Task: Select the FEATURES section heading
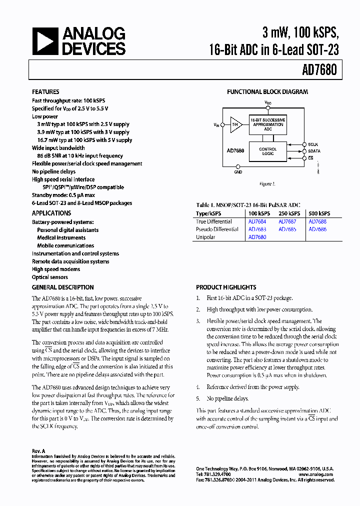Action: [45, 92]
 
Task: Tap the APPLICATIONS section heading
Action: [51, 213]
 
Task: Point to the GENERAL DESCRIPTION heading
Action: [63, 287]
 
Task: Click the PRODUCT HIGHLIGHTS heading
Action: [226, 287]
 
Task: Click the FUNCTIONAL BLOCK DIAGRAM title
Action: [267, 92]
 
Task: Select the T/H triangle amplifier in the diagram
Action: [235, 124]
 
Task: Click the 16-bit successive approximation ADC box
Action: [268, 124]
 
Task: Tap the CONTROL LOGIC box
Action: [268, 151]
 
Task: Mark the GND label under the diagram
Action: [238, 172]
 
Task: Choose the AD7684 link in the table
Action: [257, 221]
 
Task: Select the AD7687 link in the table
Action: [287, 221]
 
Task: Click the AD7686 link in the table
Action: [317, 229]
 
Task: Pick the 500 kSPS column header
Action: [319, 213]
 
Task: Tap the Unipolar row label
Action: [205, 237]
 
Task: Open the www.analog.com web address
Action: [316, 474]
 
